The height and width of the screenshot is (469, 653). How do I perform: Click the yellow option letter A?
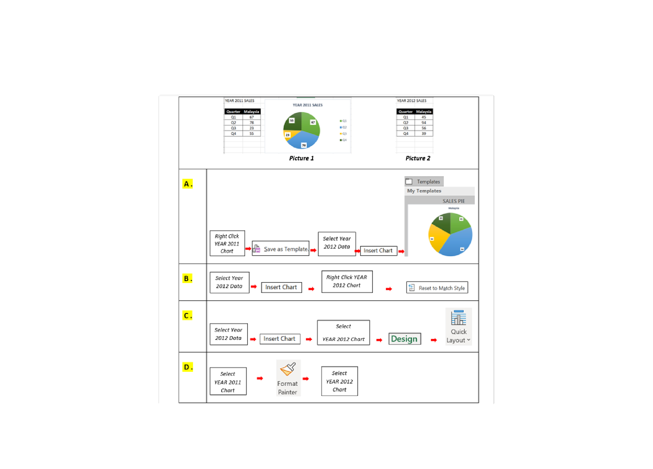pos(187,184)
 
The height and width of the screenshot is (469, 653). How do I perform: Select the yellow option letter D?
pos(187,367)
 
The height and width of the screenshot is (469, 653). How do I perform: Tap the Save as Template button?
pos(281,249)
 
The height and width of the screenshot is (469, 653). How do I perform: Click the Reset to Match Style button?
pos(437,288)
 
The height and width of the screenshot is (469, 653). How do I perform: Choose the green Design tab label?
pos(404,339)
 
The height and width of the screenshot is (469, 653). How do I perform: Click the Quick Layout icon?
pos(458,319)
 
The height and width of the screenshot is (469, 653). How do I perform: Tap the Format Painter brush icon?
pos(288,369)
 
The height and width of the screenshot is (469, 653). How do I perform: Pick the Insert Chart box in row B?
pos(281,287)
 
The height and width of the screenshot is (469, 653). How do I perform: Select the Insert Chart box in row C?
pos(280,339)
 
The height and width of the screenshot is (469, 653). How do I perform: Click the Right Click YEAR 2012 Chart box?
pos(347,281)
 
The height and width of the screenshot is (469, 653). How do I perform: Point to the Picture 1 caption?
pos(301,158)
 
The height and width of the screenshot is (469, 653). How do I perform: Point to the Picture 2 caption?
pos(418,158)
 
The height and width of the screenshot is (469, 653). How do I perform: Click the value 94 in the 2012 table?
pos(424,122)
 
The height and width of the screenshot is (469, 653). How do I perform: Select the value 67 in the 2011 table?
pos(251,117)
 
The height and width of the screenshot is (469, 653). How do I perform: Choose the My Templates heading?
pos(424,191)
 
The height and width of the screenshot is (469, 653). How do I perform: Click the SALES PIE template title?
pos(453,201)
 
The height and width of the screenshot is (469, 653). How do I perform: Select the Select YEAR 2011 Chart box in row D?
pos(228,382)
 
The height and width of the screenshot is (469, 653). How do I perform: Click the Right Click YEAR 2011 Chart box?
pos(227,243)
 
